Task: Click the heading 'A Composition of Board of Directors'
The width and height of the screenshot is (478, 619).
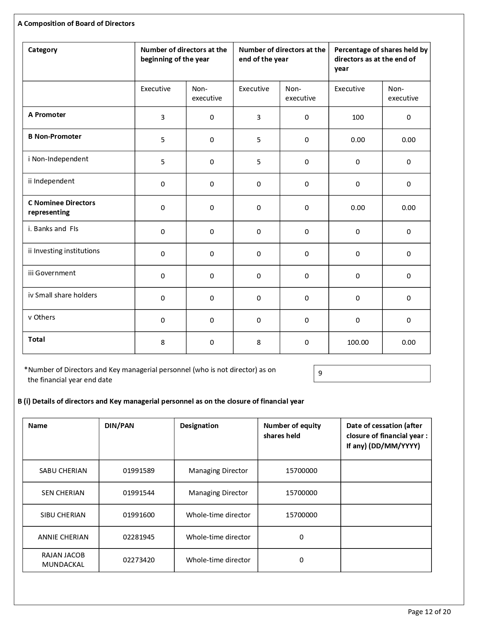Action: pyautogui.click(x=76, y=24)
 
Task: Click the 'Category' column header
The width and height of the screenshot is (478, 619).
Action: pyautogui.click(x=43, y=50)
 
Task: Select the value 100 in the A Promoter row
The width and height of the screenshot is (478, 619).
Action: pyautogui.click(x=358, y=117)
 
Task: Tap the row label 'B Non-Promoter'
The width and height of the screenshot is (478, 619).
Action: pyautogui.click(x=55, y=137)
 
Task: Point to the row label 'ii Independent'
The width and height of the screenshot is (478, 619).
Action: pyautogui.click(x=51, y=181)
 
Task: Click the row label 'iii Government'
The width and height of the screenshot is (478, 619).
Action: pyautogui.click(x=52, y=273)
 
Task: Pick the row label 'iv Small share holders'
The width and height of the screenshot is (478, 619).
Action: pyautogui.click(x=63, y=295)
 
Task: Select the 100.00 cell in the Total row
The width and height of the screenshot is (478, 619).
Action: pyautogui.click(x=358, y=343)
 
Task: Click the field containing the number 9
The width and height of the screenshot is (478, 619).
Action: pyautogui.click(x=372, y=374)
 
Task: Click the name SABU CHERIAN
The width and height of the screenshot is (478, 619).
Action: pyautogui.click(x=63, y=471)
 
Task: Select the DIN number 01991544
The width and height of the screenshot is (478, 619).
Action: pyautogui.click(x=139, y=493)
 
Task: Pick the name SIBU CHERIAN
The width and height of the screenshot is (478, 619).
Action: pyautogui.click(x=63, y=515)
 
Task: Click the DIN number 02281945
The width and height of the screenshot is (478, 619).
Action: pyautogui.click(x=139, y=537)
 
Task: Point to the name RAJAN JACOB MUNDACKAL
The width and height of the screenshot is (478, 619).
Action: pyautogui.click(x=63, y=560)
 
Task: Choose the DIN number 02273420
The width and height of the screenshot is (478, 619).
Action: pyautogui.click(x=139, y=560)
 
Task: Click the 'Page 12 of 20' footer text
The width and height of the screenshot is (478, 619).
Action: pyautogui.click(x=429, y=612)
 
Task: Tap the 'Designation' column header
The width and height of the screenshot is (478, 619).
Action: pyautogui.click(x=199, y=426)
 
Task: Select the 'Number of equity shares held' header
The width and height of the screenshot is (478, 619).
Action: pyautogui.click(x=292, y=431)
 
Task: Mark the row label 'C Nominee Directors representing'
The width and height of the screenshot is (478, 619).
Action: pyautogui.click(x=61, y=208)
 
